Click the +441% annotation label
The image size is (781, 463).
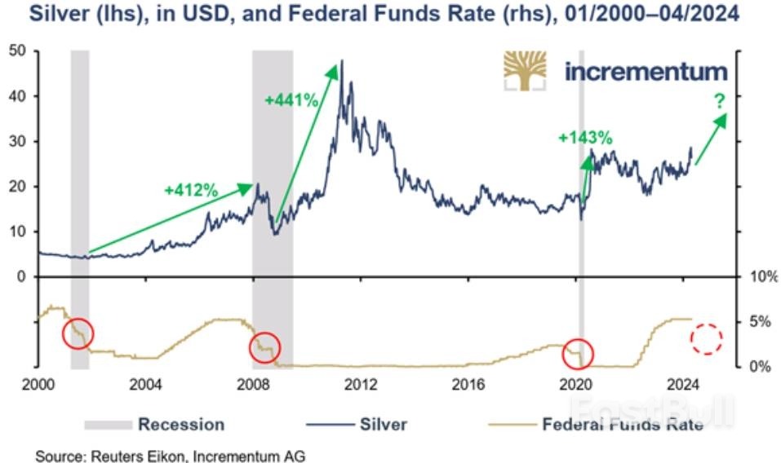(291, 100)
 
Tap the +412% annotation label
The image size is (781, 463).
(191, 191)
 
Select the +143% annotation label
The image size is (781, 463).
(585, 138)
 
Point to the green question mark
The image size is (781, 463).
(719, 102)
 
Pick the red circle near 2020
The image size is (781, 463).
(578, 353)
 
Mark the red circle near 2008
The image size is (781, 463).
(264, 348)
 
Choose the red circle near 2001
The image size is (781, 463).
(78, 333)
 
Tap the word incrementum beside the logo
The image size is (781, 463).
(645, 71)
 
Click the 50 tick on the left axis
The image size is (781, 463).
(18, 51)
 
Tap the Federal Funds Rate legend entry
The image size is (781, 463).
(596, 425)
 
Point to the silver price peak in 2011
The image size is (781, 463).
(341, 61)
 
